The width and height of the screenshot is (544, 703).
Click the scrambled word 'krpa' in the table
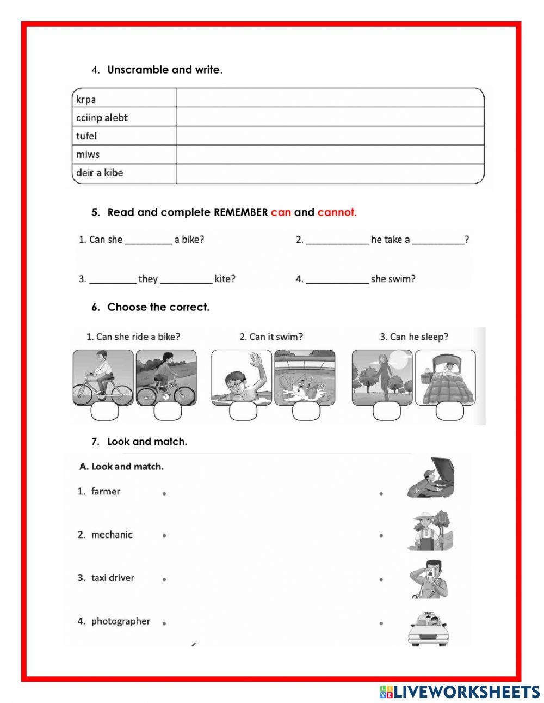[86, 100]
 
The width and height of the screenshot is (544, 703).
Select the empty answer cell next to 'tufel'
[329, 136]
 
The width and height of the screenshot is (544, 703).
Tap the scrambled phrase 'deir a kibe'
[100, 173]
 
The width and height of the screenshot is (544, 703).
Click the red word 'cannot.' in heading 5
[337, 212]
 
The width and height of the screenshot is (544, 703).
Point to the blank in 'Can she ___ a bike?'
[148, 240]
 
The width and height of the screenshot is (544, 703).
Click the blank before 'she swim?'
[337, 279]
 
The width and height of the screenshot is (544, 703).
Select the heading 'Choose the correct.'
[158, 307]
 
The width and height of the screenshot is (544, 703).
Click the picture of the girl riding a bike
[166, 377]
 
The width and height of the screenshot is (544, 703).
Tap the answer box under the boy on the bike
[104, 412]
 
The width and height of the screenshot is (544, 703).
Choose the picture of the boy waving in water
[242, 377]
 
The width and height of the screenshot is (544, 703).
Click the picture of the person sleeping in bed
[445, 377]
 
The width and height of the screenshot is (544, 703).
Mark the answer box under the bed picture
[449, 412]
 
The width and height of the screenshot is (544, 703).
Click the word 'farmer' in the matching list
[106, 491]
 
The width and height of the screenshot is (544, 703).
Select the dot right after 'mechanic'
[164, 536]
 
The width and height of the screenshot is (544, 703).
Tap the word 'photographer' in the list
[120, 621]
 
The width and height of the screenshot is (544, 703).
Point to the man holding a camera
[431, 579]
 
